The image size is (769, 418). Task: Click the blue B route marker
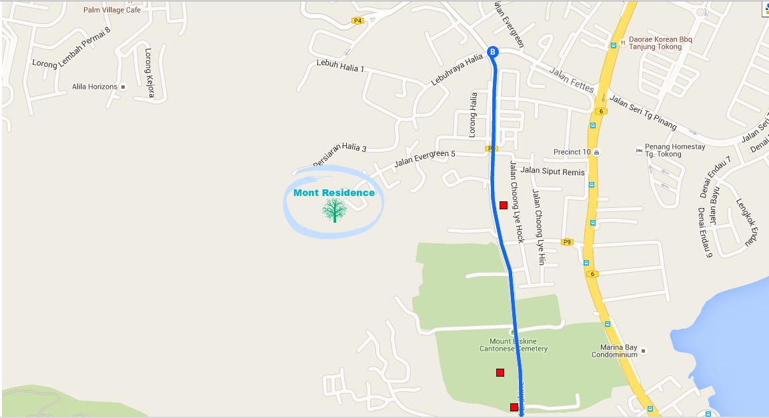(493, 52)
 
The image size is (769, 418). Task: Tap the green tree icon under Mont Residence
(334, 211)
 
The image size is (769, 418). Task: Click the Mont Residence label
(334, 193)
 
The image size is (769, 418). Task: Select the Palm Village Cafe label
(112, 10)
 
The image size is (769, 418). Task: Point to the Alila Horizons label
(95, 87)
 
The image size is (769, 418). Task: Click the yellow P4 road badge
(358, 21)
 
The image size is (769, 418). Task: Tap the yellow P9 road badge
(567, 242)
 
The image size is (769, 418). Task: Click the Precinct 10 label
(572, 152)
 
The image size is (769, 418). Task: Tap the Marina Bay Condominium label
(614, 351)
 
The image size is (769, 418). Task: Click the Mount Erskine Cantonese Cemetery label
(514, 345)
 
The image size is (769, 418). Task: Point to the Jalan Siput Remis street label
(552, 171)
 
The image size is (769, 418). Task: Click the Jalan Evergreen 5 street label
(425, 159)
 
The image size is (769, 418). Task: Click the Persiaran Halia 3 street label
(339, 151)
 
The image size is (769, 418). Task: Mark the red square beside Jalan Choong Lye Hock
(503, 205)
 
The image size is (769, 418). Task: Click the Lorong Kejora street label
(150, 73)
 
